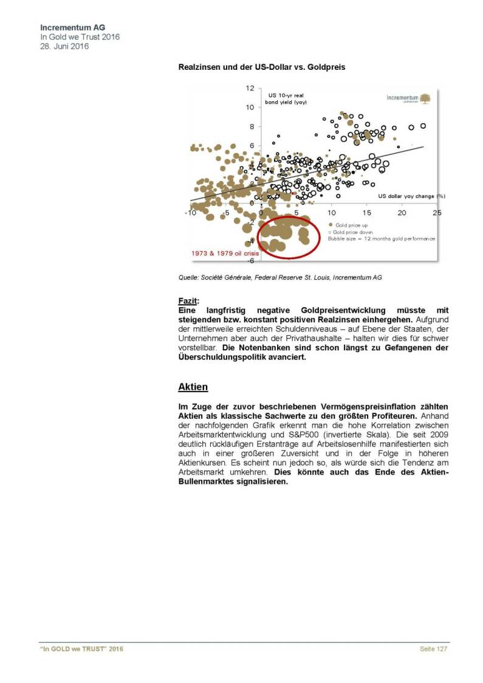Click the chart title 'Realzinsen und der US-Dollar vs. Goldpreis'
[262, 67]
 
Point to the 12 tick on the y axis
[250, 88]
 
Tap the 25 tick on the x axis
[437, 213]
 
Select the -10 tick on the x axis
[190, 213]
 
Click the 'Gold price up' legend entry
[350, 225]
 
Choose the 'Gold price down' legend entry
[353, 232]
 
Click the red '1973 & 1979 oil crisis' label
[222, 254]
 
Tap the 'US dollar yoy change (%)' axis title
[412, 196]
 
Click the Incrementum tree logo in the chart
[426, 98]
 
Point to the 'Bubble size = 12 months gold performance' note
[381, 239]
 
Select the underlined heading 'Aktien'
[193, 387]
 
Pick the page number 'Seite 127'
[434, 650]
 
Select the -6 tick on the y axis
[250, 260]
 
